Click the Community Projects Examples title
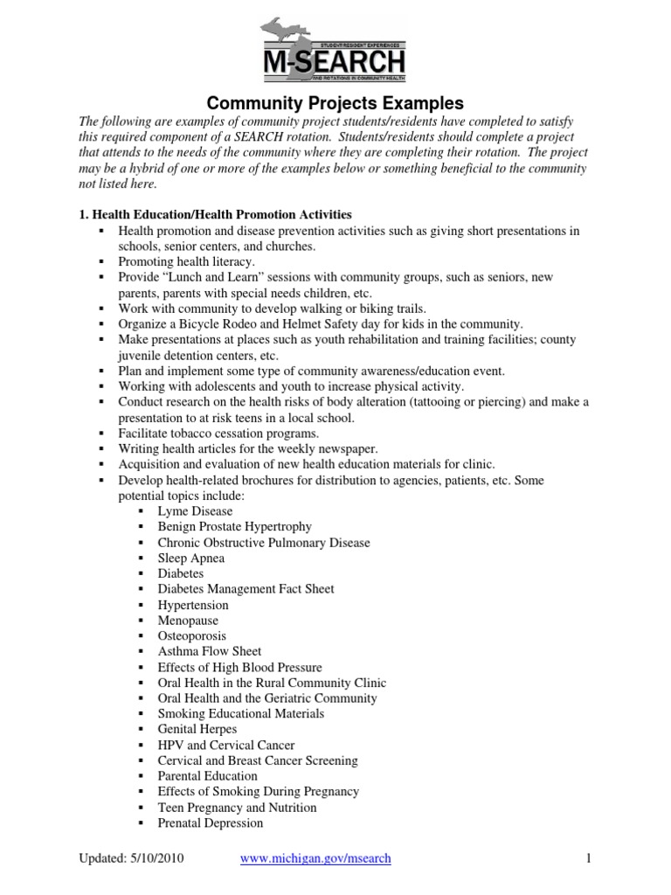335,104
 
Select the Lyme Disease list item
195,511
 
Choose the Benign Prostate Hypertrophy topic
234,527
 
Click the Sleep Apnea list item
190,558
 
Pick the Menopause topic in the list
188,621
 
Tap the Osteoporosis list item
191,636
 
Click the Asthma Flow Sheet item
209,651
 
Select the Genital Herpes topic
197,729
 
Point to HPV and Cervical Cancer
225,745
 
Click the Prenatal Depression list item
210,822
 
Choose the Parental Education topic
207,776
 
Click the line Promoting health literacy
187,261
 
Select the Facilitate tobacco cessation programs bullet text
219,433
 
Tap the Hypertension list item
193,605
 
